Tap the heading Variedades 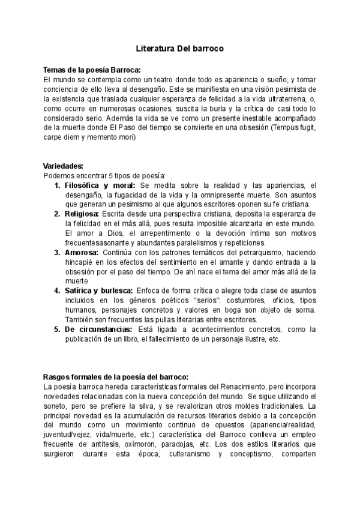click(x=63, y=166)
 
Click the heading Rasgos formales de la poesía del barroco click(x=116, y=377)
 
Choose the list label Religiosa click(x=82, y=214)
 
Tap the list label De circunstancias click(x=98, y=329)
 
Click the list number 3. click(x=57, y=252)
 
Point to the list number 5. click(x=57, y=329)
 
